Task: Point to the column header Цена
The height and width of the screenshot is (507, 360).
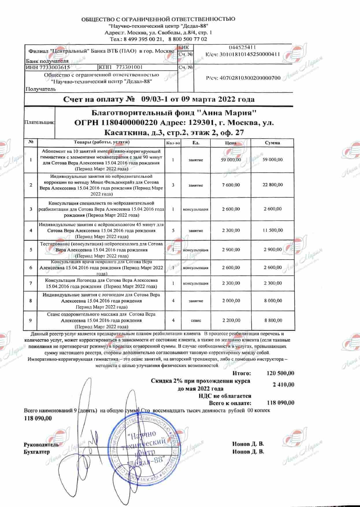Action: tap(231, 143)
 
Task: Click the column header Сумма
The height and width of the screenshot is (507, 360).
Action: tap(272, 143)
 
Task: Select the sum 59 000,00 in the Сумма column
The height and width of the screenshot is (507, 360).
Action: tap(272, 160)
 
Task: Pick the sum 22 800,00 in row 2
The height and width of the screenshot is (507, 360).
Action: tap(272, 185)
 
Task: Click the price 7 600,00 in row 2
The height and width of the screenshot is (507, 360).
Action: tap(231, 185)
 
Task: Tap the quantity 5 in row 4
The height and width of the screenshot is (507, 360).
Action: tap(173, 230)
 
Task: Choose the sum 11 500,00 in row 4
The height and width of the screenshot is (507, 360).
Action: tap(272, 230)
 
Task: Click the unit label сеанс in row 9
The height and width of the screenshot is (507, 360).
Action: tap(196, 320)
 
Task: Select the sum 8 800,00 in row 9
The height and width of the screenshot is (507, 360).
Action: tap(272, 320)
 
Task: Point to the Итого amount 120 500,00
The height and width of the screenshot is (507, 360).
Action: tap(280, 373)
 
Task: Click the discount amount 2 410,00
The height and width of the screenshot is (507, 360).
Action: tap(283, 385)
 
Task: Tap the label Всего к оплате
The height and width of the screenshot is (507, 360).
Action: tap(230, 403)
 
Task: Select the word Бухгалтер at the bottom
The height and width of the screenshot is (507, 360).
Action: tap(37, 452)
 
